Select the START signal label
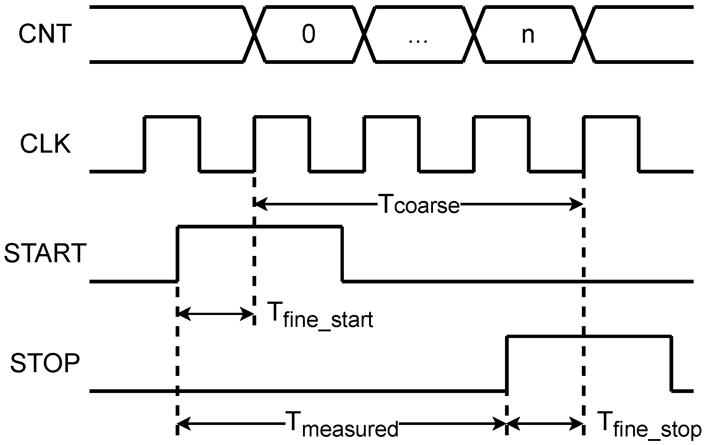pos(45,253)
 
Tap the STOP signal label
pos(45,363)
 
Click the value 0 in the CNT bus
pos(309,34)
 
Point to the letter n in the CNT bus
pos(528,35)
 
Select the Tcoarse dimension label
pos(419,205)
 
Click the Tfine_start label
pos(320,315)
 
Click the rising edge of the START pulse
pos(177,253)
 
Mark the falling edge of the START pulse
pos(342,253)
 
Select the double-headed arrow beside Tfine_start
pos(216,314)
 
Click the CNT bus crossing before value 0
pos(255,34)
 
